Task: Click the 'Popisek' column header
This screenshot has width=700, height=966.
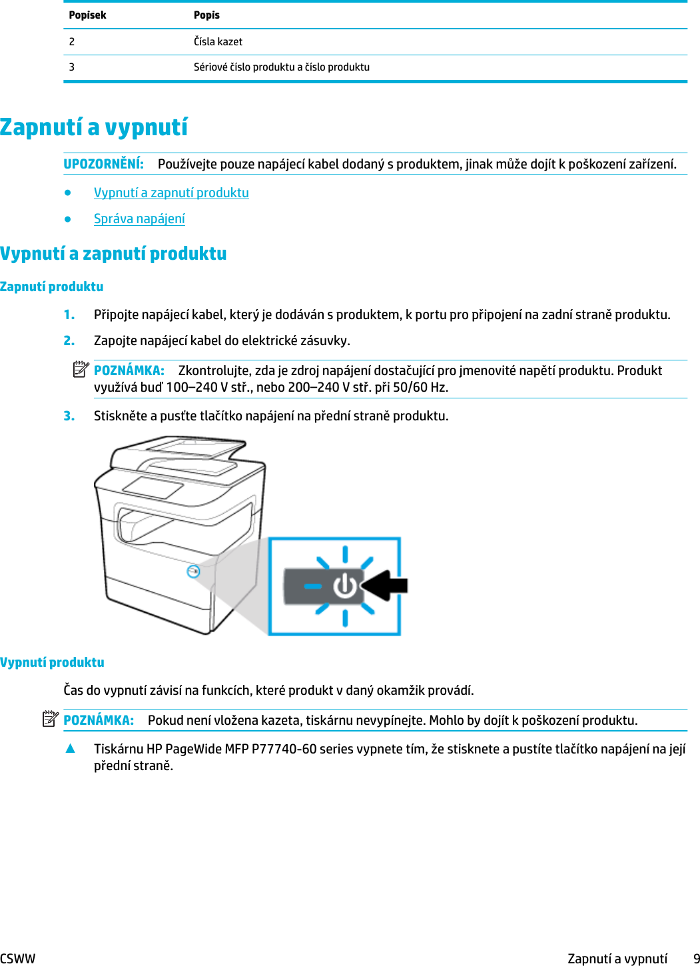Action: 87,15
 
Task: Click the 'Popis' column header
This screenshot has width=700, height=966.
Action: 206,15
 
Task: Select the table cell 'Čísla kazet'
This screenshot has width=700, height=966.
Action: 218,41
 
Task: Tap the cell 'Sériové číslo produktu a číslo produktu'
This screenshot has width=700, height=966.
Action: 281,67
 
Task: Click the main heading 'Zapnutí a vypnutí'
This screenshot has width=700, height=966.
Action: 94,127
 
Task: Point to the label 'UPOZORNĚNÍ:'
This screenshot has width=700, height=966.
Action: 103,164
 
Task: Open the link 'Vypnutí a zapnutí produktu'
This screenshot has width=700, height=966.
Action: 171,193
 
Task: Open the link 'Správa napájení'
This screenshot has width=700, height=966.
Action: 139,219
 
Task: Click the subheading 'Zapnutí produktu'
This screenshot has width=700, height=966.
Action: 52,286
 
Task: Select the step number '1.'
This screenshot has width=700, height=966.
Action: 69,314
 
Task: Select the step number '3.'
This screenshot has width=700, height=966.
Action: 69,416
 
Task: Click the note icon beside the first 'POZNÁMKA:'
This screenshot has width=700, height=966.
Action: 81,368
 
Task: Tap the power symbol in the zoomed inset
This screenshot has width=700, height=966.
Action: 345,586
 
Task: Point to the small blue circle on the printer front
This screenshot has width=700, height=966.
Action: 193,571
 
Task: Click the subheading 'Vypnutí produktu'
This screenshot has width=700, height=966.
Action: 52,662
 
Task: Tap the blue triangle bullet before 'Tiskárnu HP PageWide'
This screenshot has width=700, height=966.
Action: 70,748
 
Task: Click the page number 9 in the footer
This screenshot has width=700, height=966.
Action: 695,959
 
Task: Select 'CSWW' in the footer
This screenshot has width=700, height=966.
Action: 18,959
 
